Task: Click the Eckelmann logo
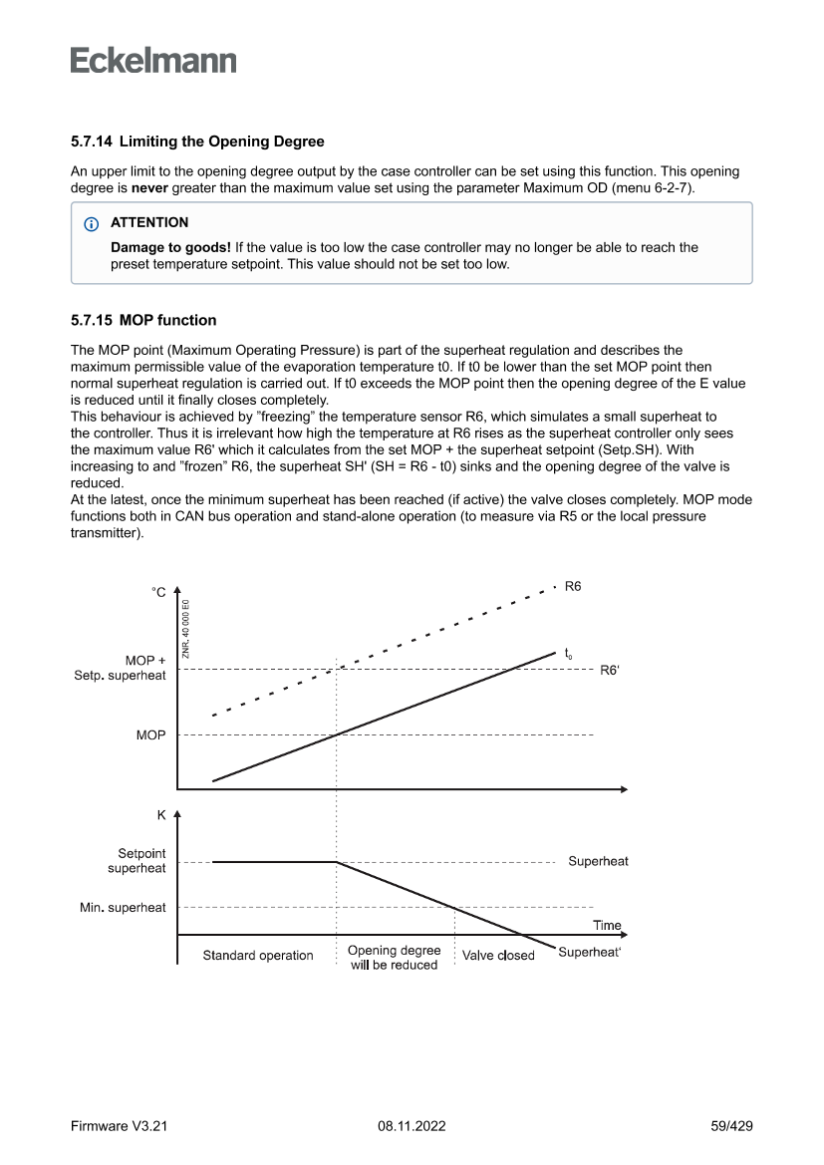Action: (x=153, y=60)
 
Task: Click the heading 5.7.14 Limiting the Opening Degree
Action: (x=196, y=143)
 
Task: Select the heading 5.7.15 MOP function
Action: (x=142, y=322)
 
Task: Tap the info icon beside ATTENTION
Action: (x=93, y=222)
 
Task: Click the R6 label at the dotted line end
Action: (x=573, y=588)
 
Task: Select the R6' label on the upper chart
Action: (x=610, y=671)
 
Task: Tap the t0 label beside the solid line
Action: (x=568, y=654)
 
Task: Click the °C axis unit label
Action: (x=158, y=593)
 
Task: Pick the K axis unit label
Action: (x=161, y=814)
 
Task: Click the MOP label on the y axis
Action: (x=150, y=735)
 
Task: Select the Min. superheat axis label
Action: (x=124, y=908)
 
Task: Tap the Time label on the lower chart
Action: (x=606, y=925)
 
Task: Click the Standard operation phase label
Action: (x=258, y=956)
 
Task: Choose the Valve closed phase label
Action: (x=498, y=956)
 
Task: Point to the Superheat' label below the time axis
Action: (x=589, y=952)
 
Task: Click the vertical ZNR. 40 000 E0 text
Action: (x=185, y=628)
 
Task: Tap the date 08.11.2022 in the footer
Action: (x=412, y=1126)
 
